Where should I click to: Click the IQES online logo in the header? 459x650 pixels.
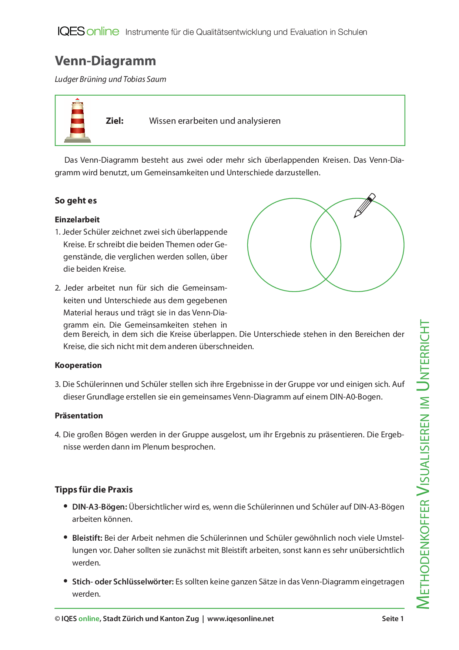[x=88, y=31]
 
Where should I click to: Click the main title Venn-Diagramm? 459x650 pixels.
[x=105, y=61]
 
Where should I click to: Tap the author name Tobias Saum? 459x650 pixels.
[x=145, y=79]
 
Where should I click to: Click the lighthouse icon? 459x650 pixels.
[x=78, y=121]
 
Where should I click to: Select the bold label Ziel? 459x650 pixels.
[x=115, y=121]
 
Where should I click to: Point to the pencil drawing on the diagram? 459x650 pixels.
[x=364, y=205]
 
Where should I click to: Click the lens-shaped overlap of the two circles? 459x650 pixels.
[x=326, y=245]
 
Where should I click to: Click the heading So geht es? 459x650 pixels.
[x=76, y=200]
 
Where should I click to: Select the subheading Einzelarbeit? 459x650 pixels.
[x=77, y=219]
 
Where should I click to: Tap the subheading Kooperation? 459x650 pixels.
[x=78, y=365]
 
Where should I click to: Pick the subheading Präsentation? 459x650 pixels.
[x=79, y=416]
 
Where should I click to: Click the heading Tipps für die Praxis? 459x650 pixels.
[x=94, y=490]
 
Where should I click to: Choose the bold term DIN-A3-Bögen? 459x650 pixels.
[x=100, y=507]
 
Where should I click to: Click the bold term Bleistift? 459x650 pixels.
[x=87, y=538]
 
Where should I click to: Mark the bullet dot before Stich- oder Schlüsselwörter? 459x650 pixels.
[x=66, y=581]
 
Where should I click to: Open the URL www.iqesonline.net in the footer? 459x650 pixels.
[x=241, y=619]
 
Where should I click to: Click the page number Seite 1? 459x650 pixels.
[x=393, y=619]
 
